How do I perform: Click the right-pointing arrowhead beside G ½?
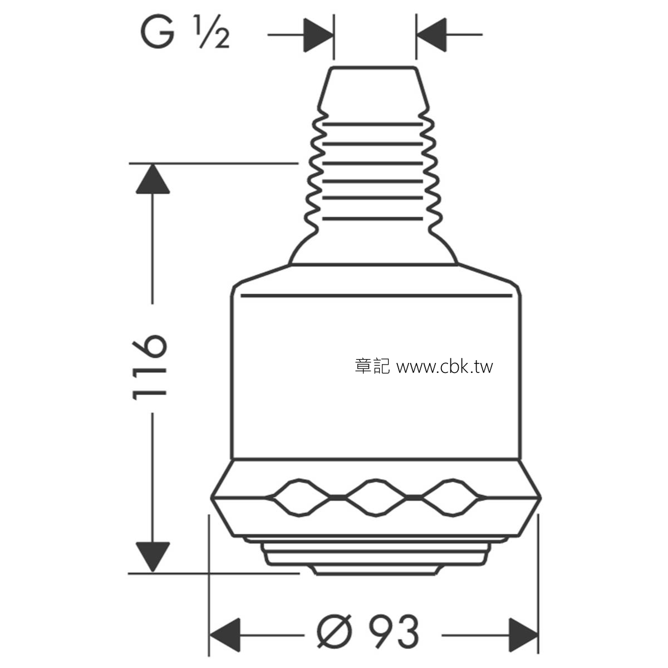tap(318, 35)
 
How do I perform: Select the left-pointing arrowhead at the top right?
tap(431, 35)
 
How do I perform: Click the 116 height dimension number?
tap(149, 367)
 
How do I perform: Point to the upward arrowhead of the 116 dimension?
tap(153, 179)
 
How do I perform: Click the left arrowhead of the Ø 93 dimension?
tap(225, 635)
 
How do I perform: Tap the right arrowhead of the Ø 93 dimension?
tap(523, 635)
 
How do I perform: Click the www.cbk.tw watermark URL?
tap(445, 367)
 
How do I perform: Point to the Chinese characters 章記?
tap(372, 366)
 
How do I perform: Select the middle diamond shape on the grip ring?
tap(376, 498)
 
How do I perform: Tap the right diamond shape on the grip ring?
tap(453, 498)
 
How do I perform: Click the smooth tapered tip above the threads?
tap(374, 89)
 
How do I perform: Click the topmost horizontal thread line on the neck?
tap(372, 124)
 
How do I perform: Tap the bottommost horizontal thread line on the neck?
tap(372, 219)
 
